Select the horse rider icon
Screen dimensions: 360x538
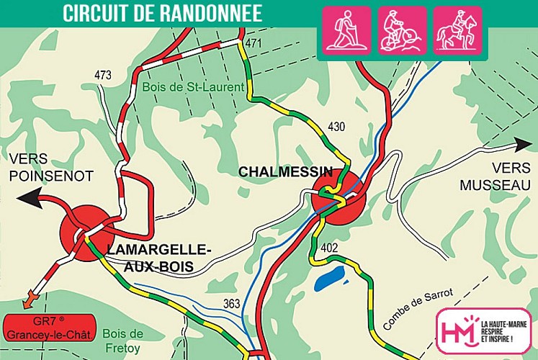(457, 30)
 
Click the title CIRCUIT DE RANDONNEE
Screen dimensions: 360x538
(161, 13)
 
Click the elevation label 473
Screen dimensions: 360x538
(104, 75)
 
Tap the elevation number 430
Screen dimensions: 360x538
(336, 127)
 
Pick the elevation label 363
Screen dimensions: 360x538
(231, 303)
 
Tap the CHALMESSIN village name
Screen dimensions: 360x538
(286, 172)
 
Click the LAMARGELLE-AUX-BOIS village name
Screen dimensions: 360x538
(158, 257)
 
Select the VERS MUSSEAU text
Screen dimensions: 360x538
(496, 176)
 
